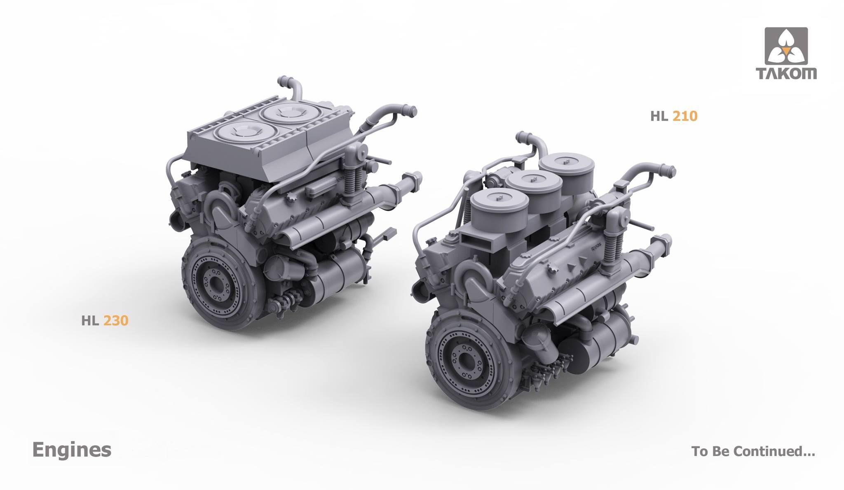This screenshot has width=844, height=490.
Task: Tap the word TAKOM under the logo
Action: (786, 74)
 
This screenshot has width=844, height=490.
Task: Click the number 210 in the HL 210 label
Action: (685, 117)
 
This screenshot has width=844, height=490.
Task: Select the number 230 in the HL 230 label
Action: (116, 321)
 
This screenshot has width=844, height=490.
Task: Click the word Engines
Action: (72, 450)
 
